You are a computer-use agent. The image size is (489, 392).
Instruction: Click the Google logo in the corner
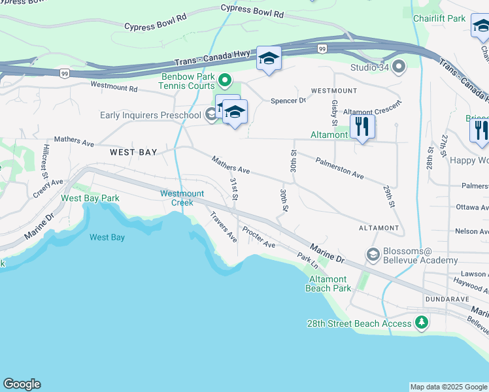click(x=22, y=384)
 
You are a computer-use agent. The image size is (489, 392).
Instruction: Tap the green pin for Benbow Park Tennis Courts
click(x=226, y=81)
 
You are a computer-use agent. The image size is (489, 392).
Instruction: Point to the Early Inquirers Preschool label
click(x=150, y=116)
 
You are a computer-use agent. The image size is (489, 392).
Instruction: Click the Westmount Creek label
click(x=182, y=198)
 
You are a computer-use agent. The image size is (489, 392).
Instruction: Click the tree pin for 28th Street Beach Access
click(x=422, y=323)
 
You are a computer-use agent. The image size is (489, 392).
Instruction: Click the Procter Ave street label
click(x=259, y=237)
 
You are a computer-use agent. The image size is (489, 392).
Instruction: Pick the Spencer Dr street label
click(x=288, y=101)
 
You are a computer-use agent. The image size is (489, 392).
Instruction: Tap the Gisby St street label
click(x=334, y=112)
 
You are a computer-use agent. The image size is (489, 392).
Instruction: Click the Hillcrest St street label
click(x=45, y=161)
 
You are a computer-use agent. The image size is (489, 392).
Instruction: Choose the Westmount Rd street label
click(x=114, y=86)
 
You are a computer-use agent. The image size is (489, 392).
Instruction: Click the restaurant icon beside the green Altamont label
click(x=362, y=127)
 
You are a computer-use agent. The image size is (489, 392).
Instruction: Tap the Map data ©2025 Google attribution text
click(x=448, y=387)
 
